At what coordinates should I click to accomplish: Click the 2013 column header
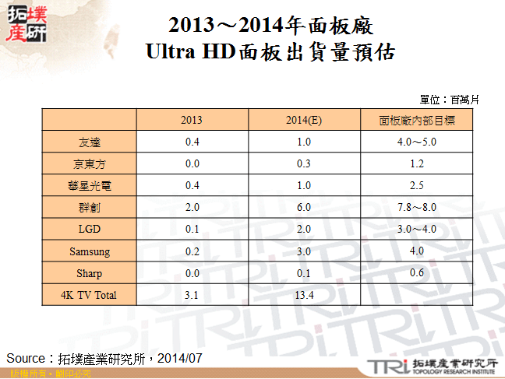point(192,121)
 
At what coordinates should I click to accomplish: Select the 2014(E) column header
point(303,121)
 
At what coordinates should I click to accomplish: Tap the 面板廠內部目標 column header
point(416,121)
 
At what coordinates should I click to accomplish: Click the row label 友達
point(89,142)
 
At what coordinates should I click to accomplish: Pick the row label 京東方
point(89,164)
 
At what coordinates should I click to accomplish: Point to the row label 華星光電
point(89,186)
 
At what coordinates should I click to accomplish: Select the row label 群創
point(89,208)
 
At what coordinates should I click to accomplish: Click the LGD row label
point(89,230)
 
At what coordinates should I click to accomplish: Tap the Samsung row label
point(89,251)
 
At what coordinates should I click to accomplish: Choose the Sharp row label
point(89,273)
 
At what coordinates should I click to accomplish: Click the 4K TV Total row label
point(89,295)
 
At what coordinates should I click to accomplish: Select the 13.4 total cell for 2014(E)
point(303,295)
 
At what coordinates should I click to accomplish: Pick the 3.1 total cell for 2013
point(192,295)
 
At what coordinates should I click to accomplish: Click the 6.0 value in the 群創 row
point(303,208)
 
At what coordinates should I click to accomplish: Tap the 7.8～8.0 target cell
point(416,208)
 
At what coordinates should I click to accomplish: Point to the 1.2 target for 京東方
point(416,164)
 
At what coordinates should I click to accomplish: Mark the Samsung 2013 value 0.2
point(192,251)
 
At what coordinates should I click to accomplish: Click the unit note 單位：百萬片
point(449,100)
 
